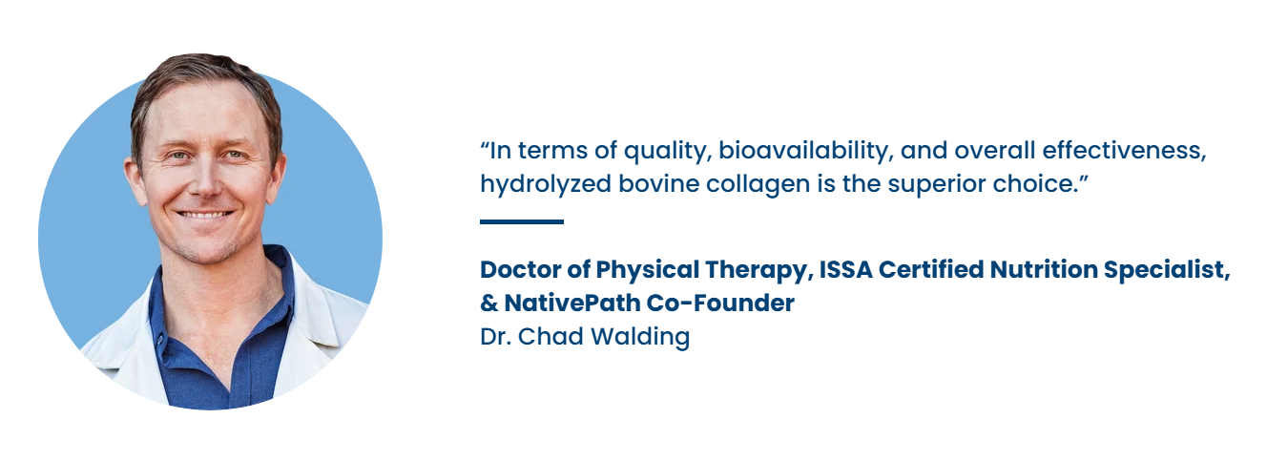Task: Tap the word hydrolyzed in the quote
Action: click(x=546, y=184)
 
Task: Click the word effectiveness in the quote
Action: click(x=1125, y=151)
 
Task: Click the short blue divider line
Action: click(x=522, y=221)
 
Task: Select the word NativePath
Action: click(x=571, y=304)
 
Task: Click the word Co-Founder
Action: click(x=720, y=304)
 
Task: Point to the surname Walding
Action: click(x=640, y=337)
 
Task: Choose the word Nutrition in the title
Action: click(x=1044, y=270)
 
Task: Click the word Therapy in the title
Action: click(x=759, y=270)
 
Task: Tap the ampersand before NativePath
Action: click(x=489, y=304)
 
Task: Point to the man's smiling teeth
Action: click(x=204, y=215)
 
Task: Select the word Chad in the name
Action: click(x=551, y=337)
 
